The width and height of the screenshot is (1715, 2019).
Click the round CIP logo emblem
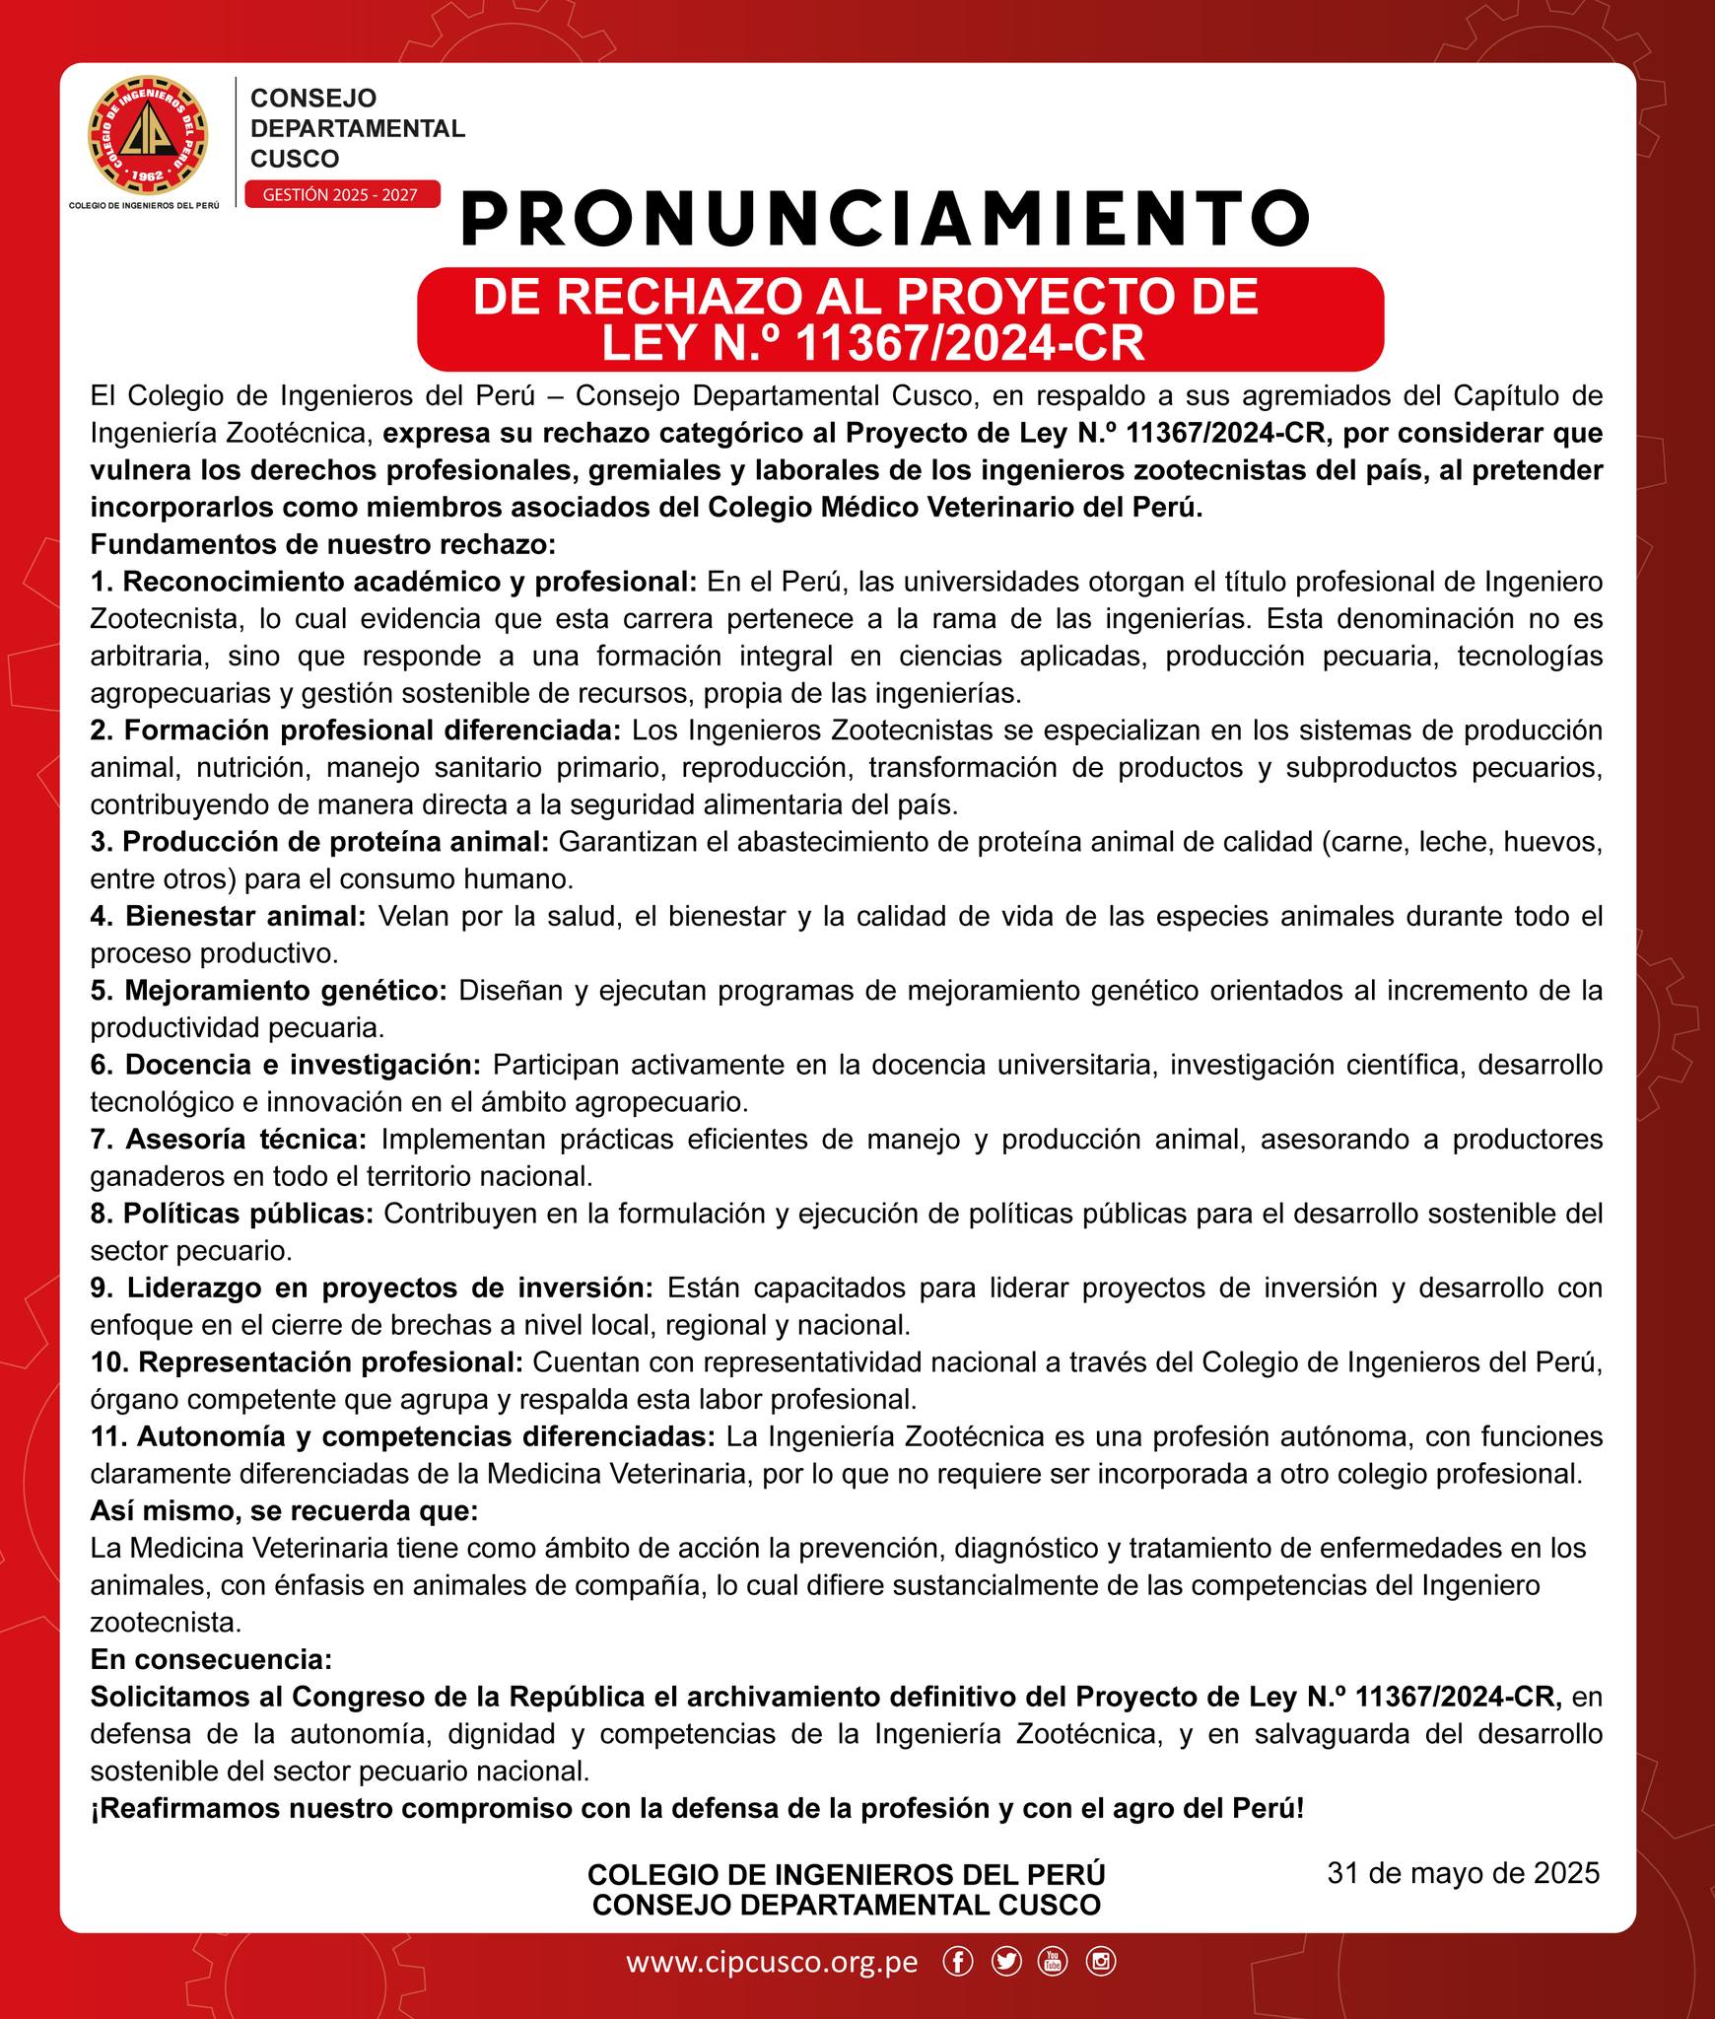(x=149, y=136)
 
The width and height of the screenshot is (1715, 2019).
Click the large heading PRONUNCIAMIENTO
(x=884, y=219)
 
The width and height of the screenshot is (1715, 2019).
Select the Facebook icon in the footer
(x=957, y=1962)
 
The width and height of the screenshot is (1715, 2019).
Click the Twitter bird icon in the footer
(x=1006, y=1962)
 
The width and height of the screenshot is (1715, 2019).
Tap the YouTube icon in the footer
(x=1052, y=1962)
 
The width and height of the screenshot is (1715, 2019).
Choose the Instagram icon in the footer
(x=1100, y=1962)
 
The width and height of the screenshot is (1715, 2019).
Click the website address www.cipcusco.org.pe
(x=772, y=1962)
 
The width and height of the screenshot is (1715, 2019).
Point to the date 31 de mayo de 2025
(x=1463, y=1872)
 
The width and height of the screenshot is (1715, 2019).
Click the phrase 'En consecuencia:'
(x=211, y=1659)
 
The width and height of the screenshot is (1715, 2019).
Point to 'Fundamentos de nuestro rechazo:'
(x=323, y=543)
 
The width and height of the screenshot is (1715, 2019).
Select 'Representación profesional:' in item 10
(x=329, y=1361)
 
